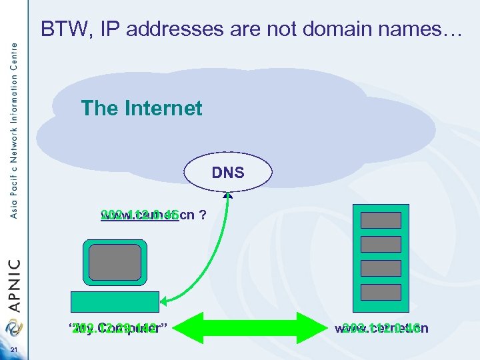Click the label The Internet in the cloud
coord(141,108)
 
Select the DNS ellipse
coord(228,173)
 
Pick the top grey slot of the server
coord(381,220)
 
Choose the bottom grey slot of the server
coord(381,292)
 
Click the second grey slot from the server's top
coord(381,244)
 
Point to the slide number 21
coord(14,353)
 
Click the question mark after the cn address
coord(200,215)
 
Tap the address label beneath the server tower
coord(381,327)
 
